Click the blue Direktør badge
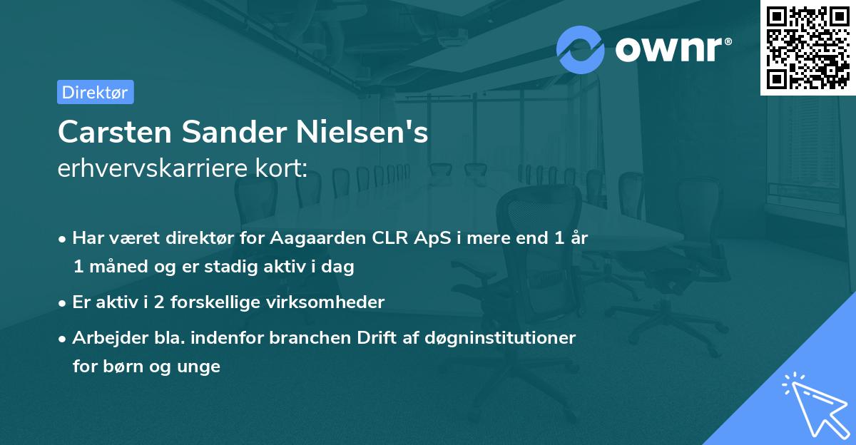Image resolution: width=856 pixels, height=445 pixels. (95, 92)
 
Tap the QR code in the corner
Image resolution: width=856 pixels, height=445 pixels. (807, 47)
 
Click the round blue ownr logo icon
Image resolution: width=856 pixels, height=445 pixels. (581, 48)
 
